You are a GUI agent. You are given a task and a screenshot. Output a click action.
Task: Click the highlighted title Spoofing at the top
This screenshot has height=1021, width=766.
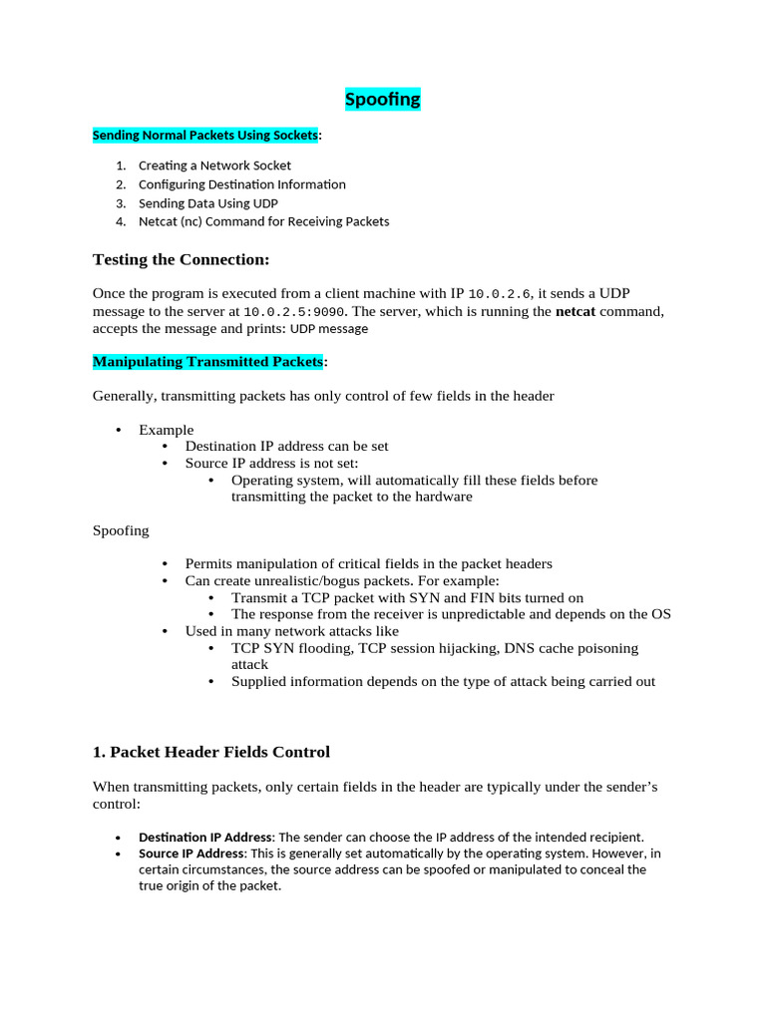coord(382,100)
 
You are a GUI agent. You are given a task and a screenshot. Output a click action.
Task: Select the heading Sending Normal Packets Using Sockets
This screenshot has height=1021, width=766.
coord(205,135)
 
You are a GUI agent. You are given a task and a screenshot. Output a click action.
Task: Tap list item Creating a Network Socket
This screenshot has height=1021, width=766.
coord(214,166)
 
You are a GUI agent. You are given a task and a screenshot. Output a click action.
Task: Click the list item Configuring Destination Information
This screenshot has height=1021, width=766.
coord(241,184)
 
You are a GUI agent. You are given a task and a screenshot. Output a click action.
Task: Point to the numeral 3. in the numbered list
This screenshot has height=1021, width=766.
coord(121,203)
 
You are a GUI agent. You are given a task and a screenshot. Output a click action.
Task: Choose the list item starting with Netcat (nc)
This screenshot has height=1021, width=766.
coord(263,221)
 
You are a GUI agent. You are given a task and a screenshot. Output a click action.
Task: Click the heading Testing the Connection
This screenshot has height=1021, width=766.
coord(181,260)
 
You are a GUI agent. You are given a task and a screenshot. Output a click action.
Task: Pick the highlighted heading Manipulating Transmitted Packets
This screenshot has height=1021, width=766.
coord(207,361)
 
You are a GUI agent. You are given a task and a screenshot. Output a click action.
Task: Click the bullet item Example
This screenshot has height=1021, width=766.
coord(166,430)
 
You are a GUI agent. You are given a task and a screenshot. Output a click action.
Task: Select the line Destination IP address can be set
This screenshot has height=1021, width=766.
coord(286,447)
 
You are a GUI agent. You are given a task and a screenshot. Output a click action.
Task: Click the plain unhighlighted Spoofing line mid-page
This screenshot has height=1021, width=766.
coord(121,530)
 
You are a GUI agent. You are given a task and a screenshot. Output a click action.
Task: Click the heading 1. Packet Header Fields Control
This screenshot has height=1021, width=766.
coord(210,752)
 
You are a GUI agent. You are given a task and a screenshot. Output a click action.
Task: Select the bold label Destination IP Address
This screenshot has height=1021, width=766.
coord(204,837)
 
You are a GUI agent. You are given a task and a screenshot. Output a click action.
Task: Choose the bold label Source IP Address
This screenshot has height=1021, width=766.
coord(191,853)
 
